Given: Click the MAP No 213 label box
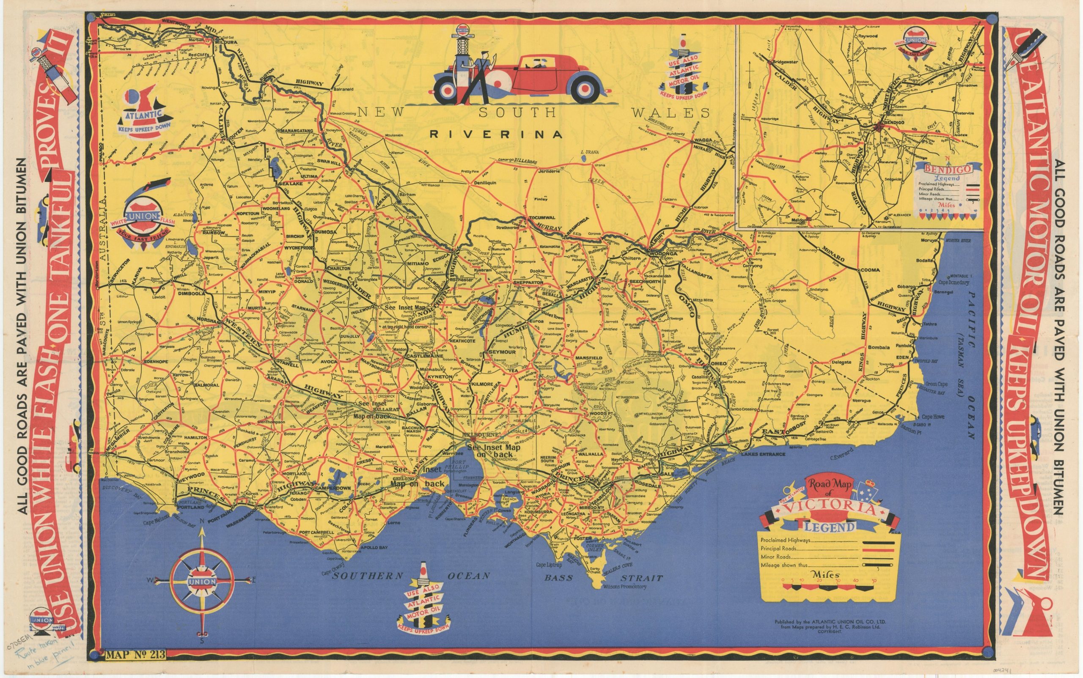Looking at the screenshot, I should point(135,654).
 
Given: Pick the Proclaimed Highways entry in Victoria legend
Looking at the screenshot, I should point(785,541).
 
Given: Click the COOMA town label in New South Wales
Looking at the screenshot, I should point(870,270).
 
